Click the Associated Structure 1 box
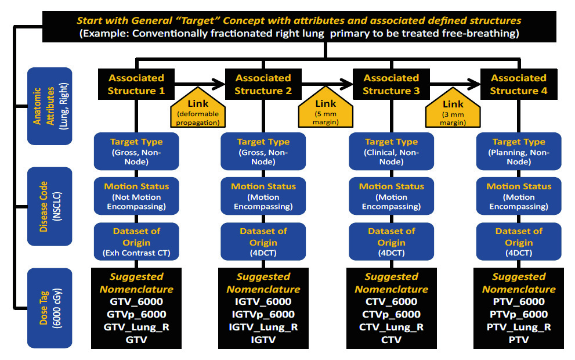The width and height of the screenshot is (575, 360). coord(136,84)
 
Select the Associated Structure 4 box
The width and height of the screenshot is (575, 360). coord(519,84)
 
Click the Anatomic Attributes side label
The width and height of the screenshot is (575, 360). coord(49,106)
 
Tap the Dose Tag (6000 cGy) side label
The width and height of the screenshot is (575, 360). coord(49,308)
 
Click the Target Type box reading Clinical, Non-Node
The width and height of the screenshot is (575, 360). coord(391,151)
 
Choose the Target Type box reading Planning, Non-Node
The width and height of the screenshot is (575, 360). coord(519,151)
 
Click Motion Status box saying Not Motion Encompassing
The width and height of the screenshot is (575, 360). coord(136,196)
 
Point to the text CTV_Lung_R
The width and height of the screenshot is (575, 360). coord(391,327)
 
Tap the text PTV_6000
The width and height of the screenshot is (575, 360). coord(519,301)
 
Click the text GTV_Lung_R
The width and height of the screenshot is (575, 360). coord(136,327)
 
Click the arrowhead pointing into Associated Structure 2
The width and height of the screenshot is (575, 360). coord(219,84)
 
